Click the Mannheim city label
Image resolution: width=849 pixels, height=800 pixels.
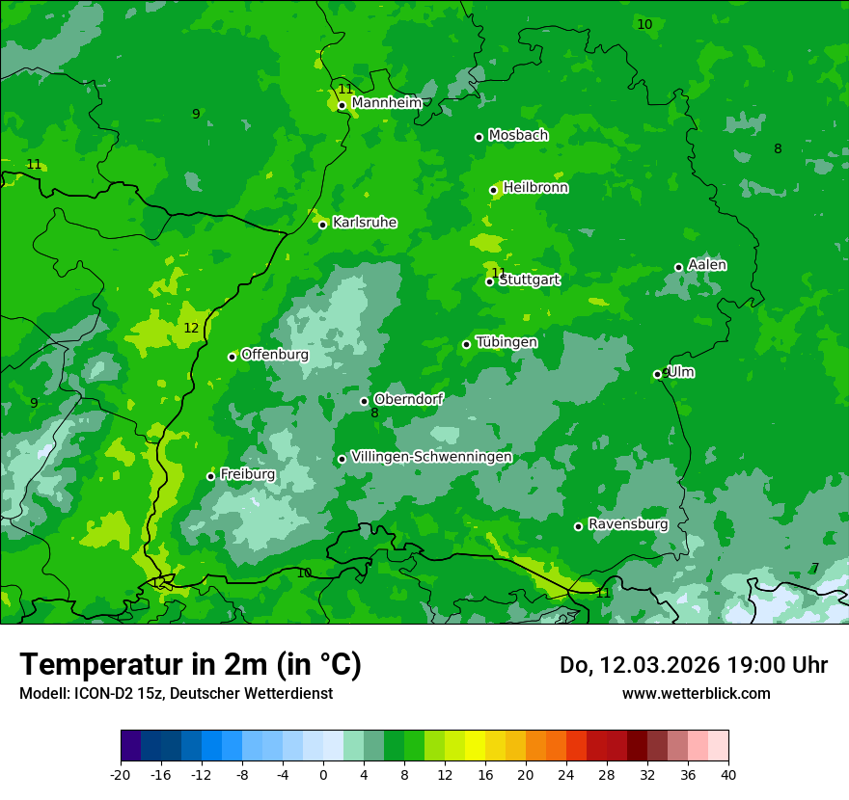coord(387,103)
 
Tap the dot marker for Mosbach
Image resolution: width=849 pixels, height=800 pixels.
coord(479,137)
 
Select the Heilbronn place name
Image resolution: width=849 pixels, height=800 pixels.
coord(535,188)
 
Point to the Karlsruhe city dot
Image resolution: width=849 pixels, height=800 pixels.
coord(322,225)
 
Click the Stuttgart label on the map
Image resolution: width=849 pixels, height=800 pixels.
coord(530,280)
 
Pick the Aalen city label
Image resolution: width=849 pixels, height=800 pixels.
coord(707,265)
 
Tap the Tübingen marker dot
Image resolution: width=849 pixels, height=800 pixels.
coord(466,344)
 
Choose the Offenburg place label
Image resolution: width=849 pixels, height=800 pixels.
coord(275,355)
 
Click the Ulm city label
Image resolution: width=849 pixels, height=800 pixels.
coord(681,372)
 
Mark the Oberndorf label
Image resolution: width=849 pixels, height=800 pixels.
coord(408,399)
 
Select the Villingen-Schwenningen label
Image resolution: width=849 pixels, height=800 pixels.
coord(431,457)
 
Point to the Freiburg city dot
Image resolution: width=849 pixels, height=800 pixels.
coord(210,476)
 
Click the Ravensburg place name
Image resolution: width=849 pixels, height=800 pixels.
coord(628,524)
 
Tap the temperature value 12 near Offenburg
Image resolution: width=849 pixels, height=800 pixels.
coord(191,328)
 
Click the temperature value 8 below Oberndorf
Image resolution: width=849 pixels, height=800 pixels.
coord(374,413)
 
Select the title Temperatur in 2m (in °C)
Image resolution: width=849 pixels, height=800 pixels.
coord(190,664)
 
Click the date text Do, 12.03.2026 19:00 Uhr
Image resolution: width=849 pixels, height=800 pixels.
coord(693,665)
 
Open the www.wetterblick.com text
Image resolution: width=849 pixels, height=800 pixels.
coord(696,693)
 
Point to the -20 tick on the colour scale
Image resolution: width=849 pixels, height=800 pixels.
coord(121,774)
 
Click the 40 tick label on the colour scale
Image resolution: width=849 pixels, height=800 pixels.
coord(727,774)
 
